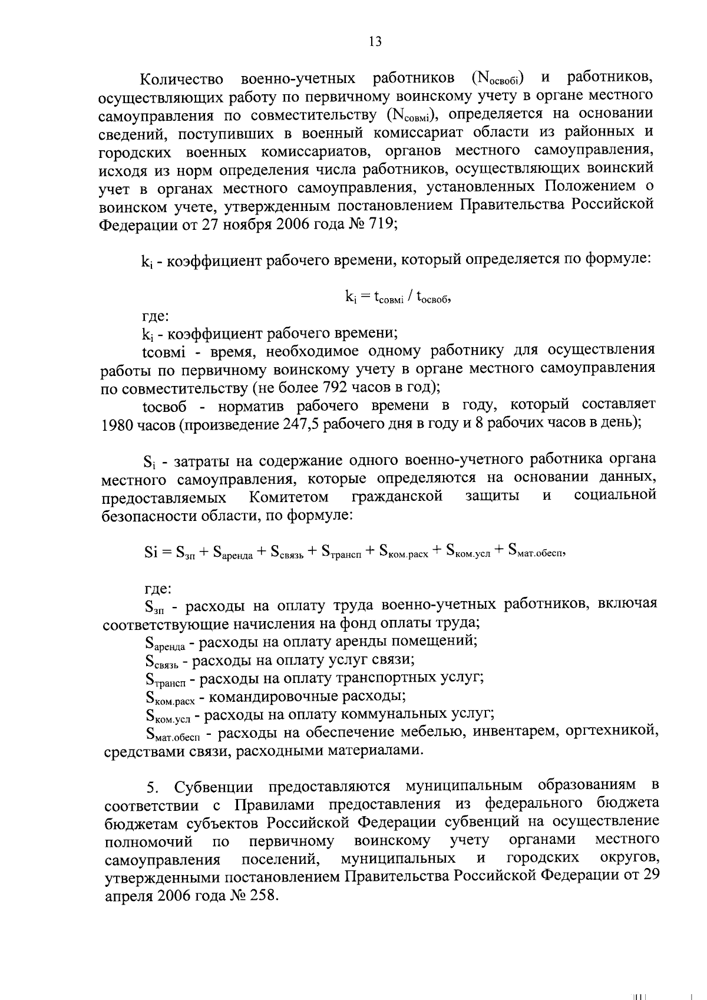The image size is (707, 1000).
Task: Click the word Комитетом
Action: tap(289, 497)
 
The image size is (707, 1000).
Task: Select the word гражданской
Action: tap(397, 497)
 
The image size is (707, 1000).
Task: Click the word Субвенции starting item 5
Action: tap(214, 787)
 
